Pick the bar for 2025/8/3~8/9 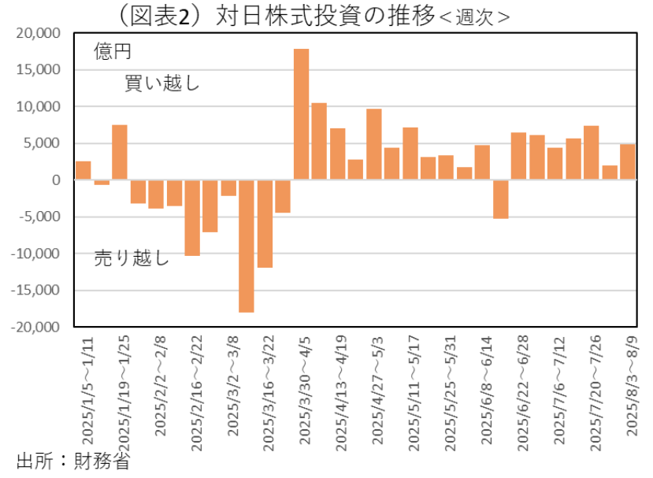pos(627,162)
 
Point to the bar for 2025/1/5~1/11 pos(83,171)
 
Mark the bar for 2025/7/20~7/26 pos(591,153)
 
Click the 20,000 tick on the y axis pos(38,33)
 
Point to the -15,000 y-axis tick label pos(36,290)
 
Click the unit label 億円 pos(112,52)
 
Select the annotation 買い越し pos(162,83)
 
